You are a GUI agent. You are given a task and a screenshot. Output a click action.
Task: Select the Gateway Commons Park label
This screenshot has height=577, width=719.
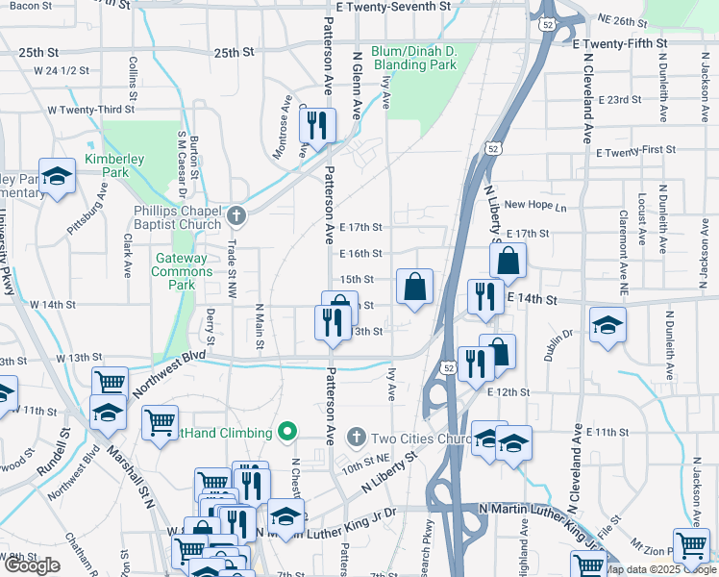tap(182, 264)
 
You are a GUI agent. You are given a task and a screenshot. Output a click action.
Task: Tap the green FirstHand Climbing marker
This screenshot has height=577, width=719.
tap(285, 432)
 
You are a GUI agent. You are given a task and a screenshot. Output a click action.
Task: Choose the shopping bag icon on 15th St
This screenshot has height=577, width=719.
tap(414, 286)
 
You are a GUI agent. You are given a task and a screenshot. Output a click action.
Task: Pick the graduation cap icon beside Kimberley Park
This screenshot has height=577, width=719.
tap(58, 176)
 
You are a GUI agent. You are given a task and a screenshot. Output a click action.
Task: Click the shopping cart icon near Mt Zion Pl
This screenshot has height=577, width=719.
tap(691, 545)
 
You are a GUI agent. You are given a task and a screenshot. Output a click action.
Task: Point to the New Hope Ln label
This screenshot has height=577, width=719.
tap(535, 205)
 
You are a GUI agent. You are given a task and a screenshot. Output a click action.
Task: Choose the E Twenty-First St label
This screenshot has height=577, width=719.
tap(636, 151)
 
